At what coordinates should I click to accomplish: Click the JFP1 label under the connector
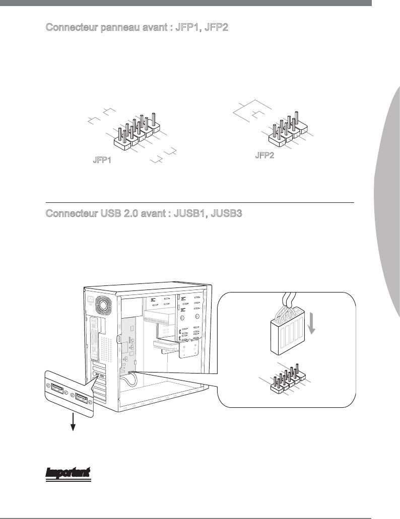pyautogui.click(x=102, y=160)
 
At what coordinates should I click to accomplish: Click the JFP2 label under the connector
pyautogui.click(x=264, y=155)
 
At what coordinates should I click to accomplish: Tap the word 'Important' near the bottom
pyautogui.click(x=68, y=473)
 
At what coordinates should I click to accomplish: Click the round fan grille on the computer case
pyautogui.click(x=103, y=305)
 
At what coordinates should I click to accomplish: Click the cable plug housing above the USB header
pyautogui.click(x=287, y=331)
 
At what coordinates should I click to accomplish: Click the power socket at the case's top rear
pyautogui.click(x=90, y=300)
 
